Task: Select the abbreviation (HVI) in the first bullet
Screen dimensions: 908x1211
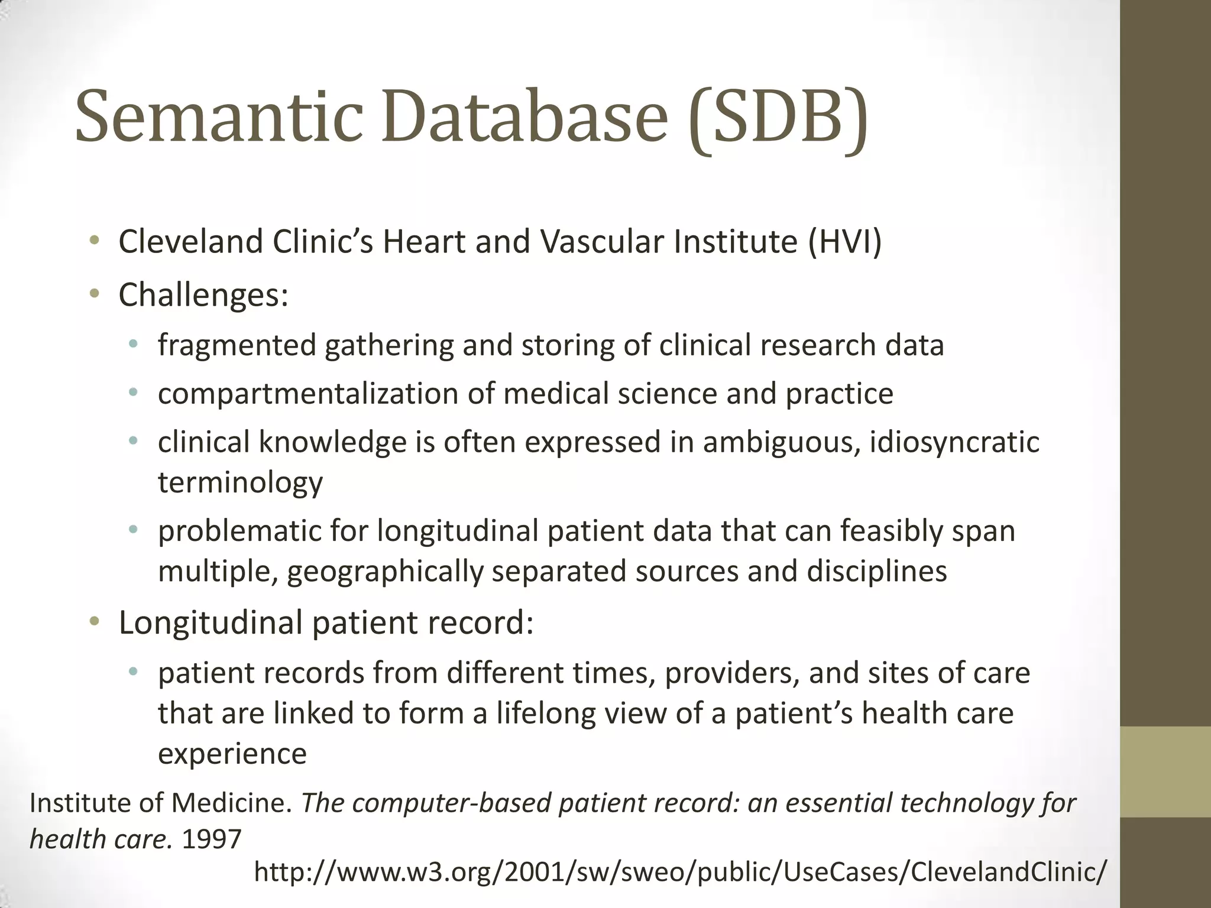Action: tap(845, 242)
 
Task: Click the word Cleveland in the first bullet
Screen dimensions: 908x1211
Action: tap(190, 242)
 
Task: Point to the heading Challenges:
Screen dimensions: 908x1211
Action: tap(203, 295)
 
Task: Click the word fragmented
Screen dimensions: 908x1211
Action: tap(237, 345)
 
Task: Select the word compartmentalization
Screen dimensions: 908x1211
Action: tap(308, 394)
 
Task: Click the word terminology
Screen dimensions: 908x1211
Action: tap(240, 482)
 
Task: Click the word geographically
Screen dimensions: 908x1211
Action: tap(385, 572)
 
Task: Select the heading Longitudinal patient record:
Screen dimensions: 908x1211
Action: tap(326, 622)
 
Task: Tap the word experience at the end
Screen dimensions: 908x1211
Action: tap(232, 754)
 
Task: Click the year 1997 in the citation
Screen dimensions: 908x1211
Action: tap(212, 839)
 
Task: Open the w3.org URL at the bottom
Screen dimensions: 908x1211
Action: tap(679, 872)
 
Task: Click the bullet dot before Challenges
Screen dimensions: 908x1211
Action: tap(95, 294)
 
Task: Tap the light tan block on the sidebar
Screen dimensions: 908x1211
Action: tap(1165, 771)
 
